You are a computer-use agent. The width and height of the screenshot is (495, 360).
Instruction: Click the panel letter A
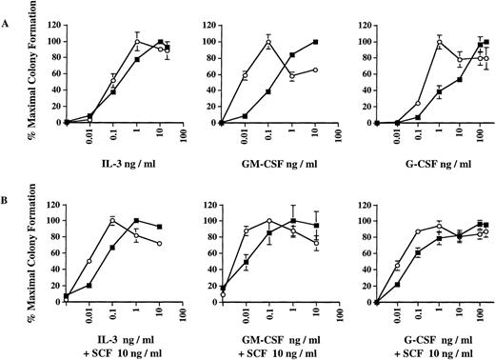9,13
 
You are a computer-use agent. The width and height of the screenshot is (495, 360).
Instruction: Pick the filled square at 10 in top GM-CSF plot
315,43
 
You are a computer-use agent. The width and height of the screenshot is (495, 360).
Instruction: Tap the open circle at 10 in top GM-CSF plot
315,70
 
